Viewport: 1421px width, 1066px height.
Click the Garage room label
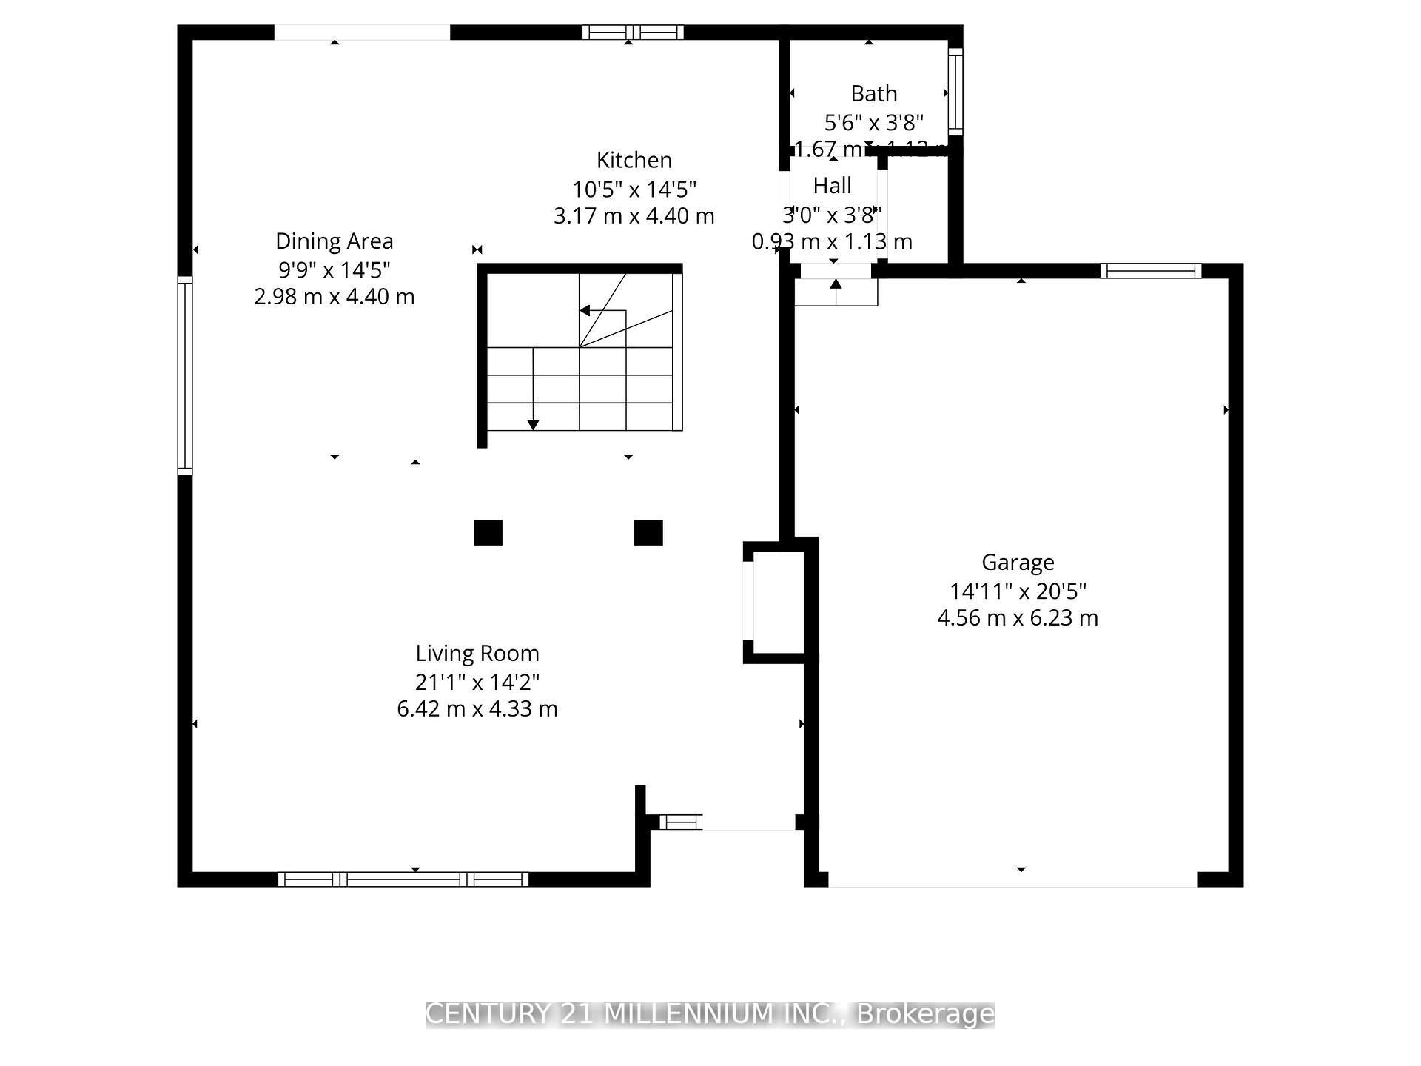[1018, 563]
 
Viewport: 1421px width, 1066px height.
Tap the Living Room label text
[477, 653]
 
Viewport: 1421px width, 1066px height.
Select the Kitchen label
[634, 160]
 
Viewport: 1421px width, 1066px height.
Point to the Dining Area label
[335, 241]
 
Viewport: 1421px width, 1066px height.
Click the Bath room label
[874, 94]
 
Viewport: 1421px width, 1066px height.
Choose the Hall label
[833, 185]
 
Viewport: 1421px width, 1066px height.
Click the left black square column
[488, 532]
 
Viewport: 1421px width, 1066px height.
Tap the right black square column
[648, 532]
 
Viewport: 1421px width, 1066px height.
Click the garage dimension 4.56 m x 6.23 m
[1018, 617]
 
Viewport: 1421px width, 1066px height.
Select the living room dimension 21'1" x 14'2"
[477, 681]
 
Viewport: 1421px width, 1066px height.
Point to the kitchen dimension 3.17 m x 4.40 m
[634, 216]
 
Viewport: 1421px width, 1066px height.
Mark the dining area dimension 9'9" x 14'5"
[335, 269]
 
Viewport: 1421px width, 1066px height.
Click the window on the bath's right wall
[955, 92]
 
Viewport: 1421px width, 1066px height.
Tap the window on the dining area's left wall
[185, 375]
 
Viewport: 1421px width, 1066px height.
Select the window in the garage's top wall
[1151, 271]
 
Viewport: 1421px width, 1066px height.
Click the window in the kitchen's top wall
[633, 32]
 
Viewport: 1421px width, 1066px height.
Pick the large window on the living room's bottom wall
[403, 879]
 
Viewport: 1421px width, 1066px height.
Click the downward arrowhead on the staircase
[533, 425]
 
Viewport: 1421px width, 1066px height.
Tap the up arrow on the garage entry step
[836, 285]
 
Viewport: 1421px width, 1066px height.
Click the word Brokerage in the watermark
[925, 1014]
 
